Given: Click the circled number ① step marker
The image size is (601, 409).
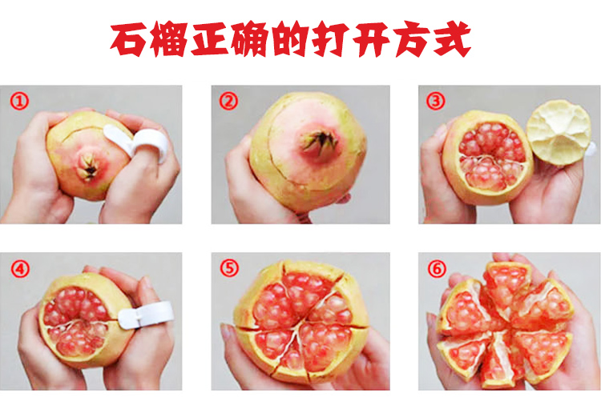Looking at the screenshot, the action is pos(19,102).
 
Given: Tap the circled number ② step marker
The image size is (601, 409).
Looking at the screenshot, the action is pos(228,101).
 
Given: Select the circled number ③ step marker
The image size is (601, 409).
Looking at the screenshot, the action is pos(436,101).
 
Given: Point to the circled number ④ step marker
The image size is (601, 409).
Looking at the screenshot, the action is pos(20,269).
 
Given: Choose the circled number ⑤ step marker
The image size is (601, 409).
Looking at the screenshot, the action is pos(229,267).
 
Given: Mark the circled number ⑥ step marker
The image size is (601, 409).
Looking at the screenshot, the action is pos(437,269).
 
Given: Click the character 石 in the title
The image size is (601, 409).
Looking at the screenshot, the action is pos(128,39).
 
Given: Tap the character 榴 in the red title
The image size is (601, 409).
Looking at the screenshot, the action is pos(169,39).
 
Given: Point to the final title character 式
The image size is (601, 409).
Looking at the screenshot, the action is pos(452,39).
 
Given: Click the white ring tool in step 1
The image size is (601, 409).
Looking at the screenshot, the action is pos(140,142).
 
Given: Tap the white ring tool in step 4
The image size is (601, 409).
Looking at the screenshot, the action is pos(146,315).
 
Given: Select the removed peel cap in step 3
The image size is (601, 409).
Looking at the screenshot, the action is pos(559,133).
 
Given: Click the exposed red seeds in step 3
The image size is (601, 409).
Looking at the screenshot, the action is pos(492,156).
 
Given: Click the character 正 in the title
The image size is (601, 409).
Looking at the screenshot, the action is pos(210,39).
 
